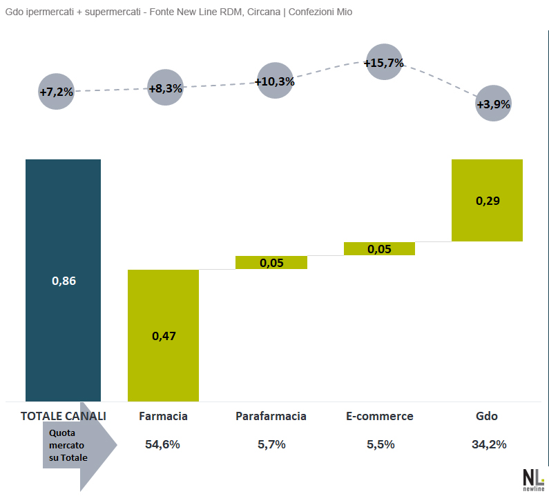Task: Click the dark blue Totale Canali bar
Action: pos(63,279)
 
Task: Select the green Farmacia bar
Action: pos(163,335)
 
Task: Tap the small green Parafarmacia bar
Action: pos(271,263)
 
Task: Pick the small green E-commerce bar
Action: pos(379,249)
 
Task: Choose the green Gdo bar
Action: pos(487,200)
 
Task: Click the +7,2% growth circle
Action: pos(56,92)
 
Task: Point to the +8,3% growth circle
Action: pos(166,88)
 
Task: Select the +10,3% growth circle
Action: pos(275,81)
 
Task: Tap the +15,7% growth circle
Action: pos(383,63)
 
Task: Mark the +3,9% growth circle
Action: pos(494,104)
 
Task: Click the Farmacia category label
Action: pos(163,416)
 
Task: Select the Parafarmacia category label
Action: pos(271,416)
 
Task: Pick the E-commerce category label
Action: pos(379,416)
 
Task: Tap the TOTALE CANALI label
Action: pos(64,416)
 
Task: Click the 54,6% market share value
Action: pos(163,444)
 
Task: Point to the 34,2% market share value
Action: pos(489,444)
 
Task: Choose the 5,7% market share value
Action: pos(271,444)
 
